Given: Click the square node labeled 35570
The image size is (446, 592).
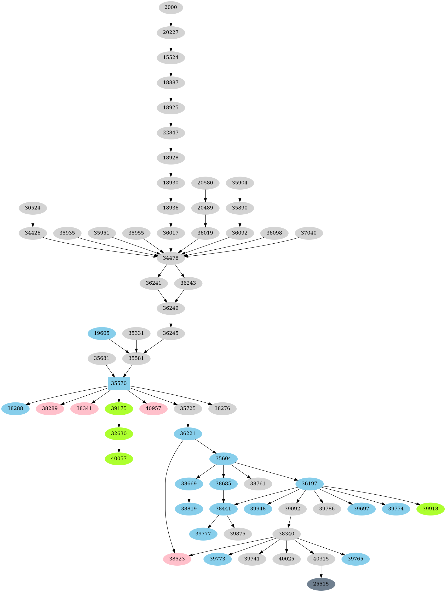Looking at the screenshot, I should pos(119,383).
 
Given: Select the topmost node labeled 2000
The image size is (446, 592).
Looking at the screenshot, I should pos(171,7).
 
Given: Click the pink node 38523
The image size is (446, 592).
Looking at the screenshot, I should pos(177,559).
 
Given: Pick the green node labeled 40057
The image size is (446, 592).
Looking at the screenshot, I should pos(119,459).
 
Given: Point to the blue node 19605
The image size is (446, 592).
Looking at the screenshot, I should pos(102,333).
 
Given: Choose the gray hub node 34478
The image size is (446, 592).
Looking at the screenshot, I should pos(171,258).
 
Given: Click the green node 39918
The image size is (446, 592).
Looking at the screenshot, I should pos(430,508).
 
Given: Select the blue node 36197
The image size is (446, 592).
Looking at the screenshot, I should pos(309,484).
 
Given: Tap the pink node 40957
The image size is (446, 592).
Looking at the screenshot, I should pos(153,408).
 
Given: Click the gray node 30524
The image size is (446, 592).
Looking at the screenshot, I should pos(33,208).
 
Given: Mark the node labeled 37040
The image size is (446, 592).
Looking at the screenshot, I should pos(308,233).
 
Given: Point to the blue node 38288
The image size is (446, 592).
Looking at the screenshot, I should pos(15,408).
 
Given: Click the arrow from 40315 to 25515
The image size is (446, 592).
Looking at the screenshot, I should pos(321,571).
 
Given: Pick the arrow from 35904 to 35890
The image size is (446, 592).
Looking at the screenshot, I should pos(240,195).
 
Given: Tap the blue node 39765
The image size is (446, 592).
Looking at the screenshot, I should pos(356,559).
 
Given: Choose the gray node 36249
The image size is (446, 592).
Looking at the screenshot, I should pos(171,308).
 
